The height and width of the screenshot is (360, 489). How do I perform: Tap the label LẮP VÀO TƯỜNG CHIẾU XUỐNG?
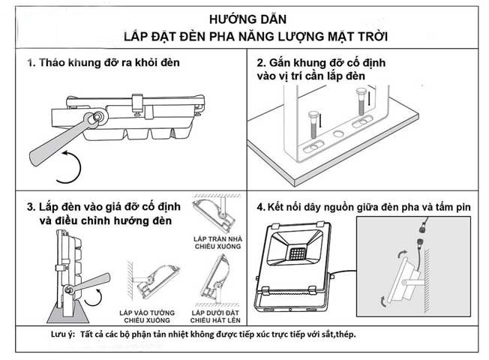click(x=148, y=315)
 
